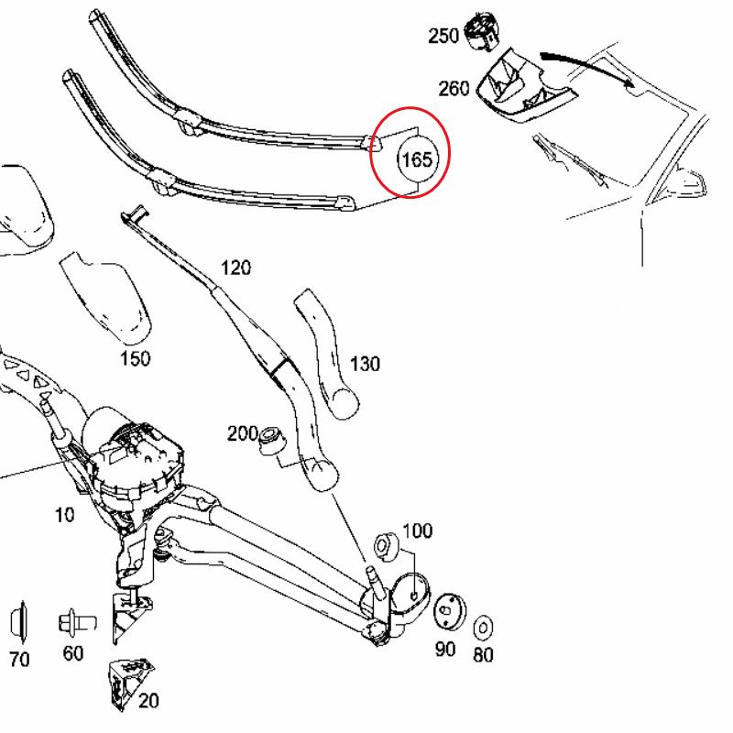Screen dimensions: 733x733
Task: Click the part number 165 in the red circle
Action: (x=416, y=159)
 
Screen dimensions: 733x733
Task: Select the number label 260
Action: (x=454, y=88)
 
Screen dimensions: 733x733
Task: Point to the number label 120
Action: (x=235, y=268)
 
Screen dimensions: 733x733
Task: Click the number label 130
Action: (x=365, y=364)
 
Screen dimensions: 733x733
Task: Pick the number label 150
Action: (x=135, y=358)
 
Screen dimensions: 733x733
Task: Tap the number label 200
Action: (x=243, y=434)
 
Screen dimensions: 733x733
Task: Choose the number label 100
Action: (x=417, y=531)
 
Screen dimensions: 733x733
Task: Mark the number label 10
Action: (x=64, y=515)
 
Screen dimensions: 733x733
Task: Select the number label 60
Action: (x=72, y=653)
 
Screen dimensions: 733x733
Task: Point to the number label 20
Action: (x=148, y=701)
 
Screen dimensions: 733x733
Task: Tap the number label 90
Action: (x=445, y=649)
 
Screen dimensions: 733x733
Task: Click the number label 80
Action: (x=484, y=655)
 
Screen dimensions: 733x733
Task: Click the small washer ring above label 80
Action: (x=483, y=628)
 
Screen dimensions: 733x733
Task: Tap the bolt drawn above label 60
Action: (x=75, y=623)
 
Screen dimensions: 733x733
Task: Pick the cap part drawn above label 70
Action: (x=19, y=622)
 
